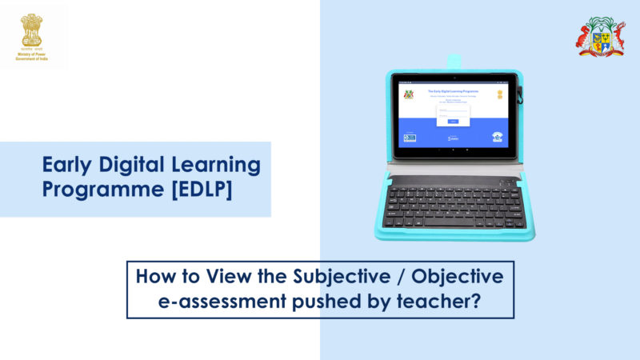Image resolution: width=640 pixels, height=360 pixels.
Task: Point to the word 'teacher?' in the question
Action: [449, 302]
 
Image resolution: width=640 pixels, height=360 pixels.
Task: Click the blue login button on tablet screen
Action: [453, 121]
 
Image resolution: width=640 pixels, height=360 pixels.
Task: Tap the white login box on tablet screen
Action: [453, 114]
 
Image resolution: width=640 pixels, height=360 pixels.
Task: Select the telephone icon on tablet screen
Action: [497, 137]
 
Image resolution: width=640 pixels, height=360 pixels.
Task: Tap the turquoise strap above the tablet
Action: [454, 61]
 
